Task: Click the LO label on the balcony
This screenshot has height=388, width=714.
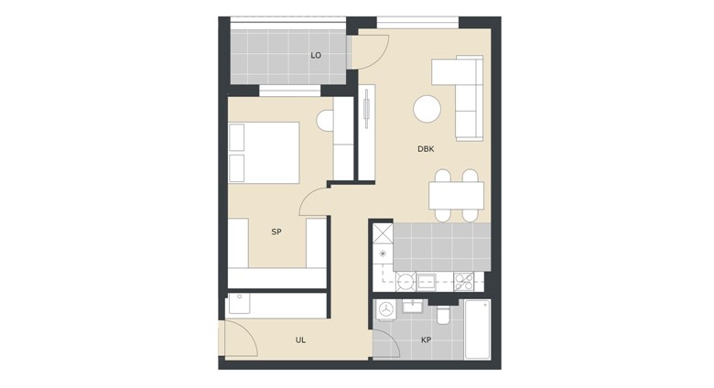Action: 316,56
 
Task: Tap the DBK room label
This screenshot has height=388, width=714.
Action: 426,149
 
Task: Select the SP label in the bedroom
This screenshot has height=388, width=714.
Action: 276,232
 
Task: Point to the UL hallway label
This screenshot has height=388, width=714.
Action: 300,340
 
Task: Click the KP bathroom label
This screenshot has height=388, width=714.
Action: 426,339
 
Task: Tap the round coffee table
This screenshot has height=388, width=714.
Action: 427,109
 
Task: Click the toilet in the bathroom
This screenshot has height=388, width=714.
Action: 443,314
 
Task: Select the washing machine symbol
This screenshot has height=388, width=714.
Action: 386,309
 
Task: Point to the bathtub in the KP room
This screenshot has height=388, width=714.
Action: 477,329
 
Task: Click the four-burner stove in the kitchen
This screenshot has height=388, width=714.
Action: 463,282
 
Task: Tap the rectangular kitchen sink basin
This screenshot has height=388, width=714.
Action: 427,282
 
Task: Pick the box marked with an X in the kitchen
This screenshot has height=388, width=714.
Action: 383,233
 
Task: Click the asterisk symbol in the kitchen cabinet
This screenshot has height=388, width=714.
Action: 383,253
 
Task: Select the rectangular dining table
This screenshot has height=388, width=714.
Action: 456,195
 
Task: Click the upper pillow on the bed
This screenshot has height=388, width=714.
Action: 237,137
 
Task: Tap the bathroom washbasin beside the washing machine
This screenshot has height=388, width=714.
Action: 413,307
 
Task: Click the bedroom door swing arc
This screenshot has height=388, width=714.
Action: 307,198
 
